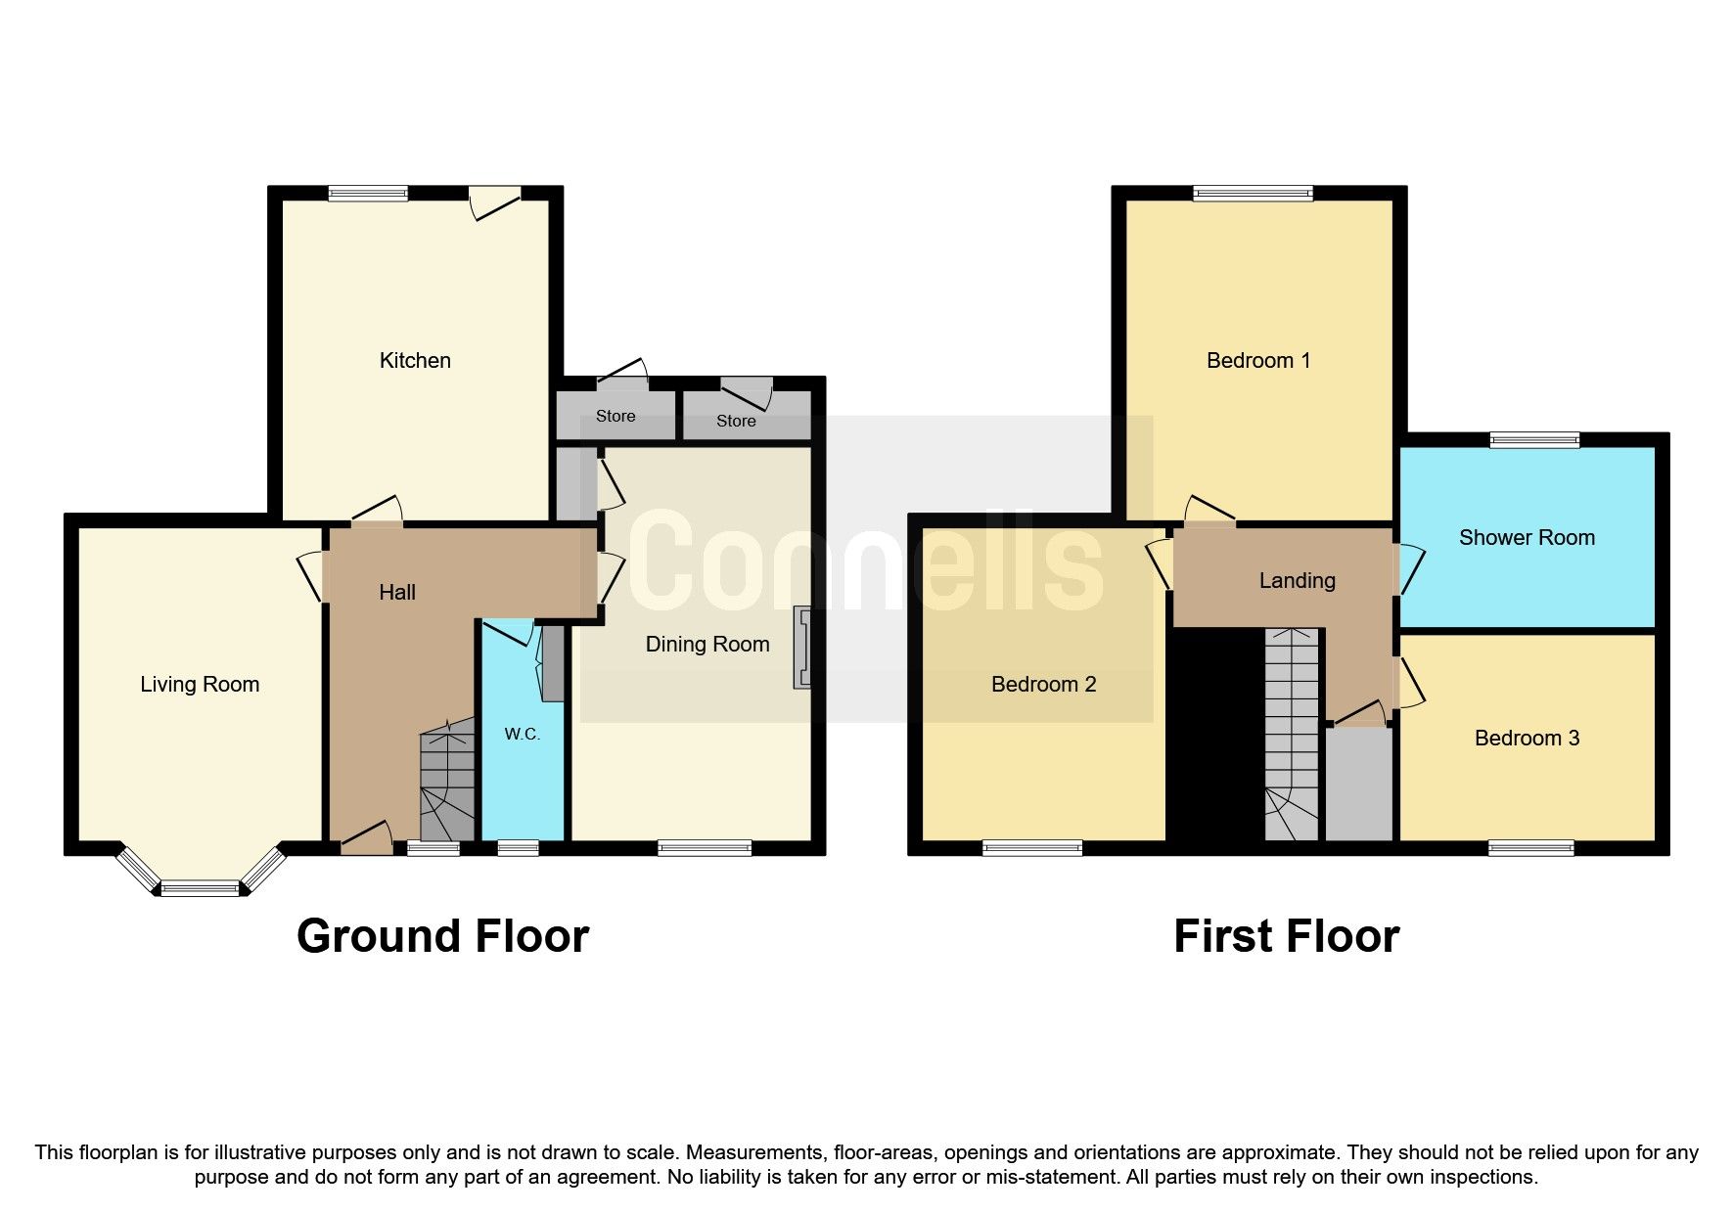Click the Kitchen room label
pyautogui.click(x=415, y=361)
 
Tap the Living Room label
pyautogui.click(x=200, y=685)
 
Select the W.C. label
pyautogui.click(x=523, y=734)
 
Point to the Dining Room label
pyautogui.click(x=707, y=645)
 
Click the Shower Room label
pyautogui.click(x=1527, y=537)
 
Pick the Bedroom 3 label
pyautogui.click(x=1527, y=739)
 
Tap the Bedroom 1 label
pyautogui.click(x=1258, y=361)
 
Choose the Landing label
pyautogui.click(x=1297, y=581)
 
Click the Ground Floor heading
pyautogui.click(x=442, y=936)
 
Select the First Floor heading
pyautogui.click(x=1287, y=936)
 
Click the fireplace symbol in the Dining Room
pyautogui.click(x=804, y=648)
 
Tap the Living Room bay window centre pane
pyautogui.click(x=200, y=888)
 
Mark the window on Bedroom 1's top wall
pyautogui.click(x=1253, y=194)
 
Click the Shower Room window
pyautogui.click(x=1534, y=440)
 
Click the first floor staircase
pyautogui.click(x=1292, y=734)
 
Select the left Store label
pyautogui.click(x=616, y=417)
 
